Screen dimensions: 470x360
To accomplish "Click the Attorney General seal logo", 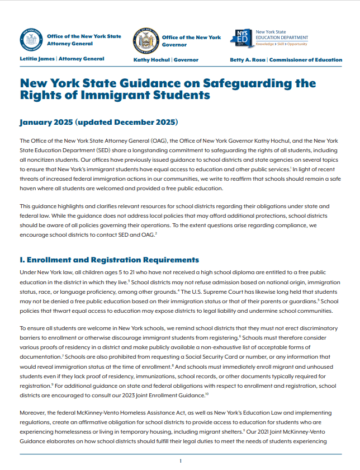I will [x=31, y=40].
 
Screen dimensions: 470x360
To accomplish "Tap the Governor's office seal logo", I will [x=146, y=41].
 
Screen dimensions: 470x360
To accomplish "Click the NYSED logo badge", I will [x=244, y=40].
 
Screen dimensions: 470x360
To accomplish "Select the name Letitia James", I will [x=36, y=59].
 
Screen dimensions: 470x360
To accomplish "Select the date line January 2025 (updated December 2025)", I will [x=98, y=122].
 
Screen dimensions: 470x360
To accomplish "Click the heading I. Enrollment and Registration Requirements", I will [x=109, y=260].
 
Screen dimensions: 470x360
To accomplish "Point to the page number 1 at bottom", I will [x=181, y=460].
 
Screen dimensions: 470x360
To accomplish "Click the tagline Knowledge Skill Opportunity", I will [x=281, y=44].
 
